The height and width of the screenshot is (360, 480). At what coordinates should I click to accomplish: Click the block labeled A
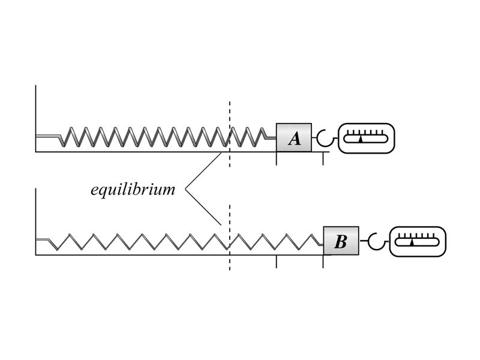(293, 137)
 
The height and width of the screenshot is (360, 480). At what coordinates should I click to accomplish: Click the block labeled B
(341, 241)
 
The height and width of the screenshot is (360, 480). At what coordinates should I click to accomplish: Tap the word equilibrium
(133, 190)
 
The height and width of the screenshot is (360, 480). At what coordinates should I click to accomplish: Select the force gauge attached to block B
(418, 241)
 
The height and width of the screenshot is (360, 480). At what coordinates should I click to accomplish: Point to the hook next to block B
(375, 242)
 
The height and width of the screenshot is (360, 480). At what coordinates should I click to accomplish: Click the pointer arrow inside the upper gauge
(361, 139)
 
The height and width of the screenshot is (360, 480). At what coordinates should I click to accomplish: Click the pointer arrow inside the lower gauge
(412, 242)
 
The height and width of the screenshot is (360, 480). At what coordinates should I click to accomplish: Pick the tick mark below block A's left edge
(276, 158)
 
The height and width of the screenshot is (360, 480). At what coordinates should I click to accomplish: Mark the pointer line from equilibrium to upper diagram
(204, 171)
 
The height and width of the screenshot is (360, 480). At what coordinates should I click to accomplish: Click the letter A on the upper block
(294, 139)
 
